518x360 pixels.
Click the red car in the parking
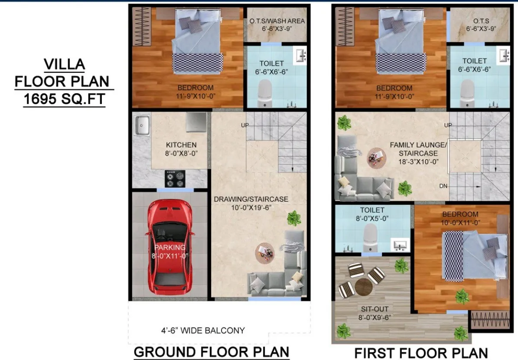(x=169, y=247)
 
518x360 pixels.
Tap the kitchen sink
(x=142, y=125)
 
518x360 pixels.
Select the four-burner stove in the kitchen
(x=175, y=179)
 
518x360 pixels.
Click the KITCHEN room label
(x=181, y=145)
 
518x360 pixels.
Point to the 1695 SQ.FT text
(x=65, y=99)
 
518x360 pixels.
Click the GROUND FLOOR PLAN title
(x=212, y=352)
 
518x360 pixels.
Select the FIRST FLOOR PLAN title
(x=421, y=353)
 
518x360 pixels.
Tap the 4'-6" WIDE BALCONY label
(x=203, y=330)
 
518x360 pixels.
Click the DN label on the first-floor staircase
(x=443, y=186)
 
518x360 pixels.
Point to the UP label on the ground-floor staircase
(x=245, y=125)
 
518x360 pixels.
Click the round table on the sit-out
(x=364, y=287)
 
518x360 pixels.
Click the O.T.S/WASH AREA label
(x=277, y=21)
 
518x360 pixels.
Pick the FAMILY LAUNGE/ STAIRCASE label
(x=418, y=149)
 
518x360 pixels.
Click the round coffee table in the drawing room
(x=264, y=253)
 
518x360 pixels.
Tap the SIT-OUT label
(x=374, y=309)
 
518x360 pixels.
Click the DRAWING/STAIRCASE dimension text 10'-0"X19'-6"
(x=251, y=208)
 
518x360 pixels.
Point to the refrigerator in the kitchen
(x=196, y=122)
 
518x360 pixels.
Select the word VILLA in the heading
(x=65, y=64)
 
